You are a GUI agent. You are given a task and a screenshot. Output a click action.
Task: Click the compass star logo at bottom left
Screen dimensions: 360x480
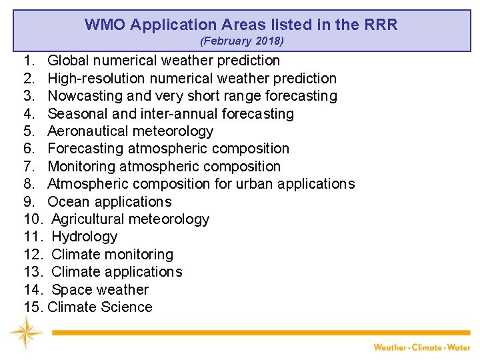(x=25, y=332)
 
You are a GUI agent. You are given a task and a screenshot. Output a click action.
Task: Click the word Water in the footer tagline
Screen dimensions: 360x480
(x=459, y=347)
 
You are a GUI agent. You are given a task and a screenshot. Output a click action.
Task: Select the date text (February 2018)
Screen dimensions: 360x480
(x=242, y=41)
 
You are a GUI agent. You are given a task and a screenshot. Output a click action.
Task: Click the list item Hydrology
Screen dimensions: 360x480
(x=84, y=237)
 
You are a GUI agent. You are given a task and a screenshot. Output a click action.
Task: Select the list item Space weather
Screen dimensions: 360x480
(x=100, y=289)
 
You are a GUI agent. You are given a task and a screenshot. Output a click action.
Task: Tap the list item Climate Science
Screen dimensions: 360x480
(x=100, y=307)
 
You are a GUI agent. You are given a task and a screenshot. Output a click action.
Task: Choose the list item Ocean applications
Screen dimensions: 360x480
(x=109, y=201)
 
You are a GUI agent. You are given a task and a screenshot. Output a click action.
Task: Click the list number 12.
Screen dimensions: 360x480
(x=33, y=255)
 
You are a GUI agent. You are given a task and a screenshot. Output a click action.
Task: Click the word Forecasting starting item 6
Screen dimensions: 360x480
(x=85, y=149)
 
